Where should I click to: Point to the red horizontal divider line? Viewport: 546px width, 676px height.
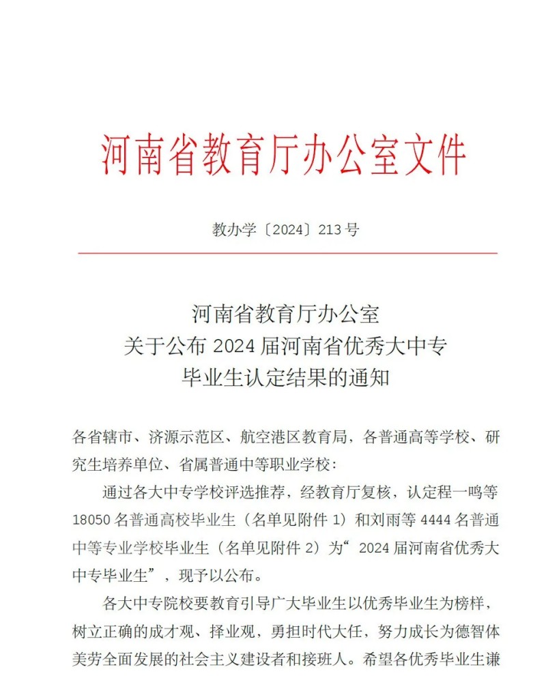pyautogui.click(x=287, y=253)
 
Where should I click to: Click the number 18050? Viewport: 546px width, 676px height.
pyautogui.click(x=90, y=520)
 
